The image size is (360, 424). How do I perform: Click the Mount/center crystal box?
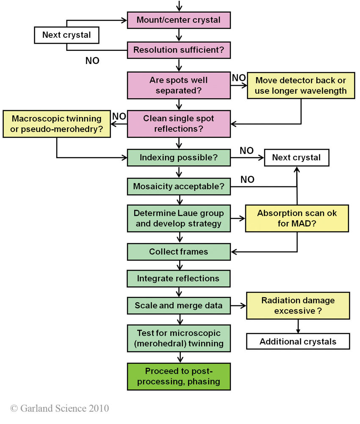tap(179, 20)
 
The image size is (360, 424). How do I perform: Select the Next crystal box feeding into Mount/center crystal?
tap(66, 35)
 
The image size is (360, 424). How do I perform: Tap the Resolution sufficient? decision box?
tap(179, 50)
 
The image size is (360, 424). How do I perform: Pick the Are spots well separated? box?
tap(179, 85)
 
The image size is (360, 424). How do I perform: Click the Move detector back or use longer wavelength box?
tap(300, 86)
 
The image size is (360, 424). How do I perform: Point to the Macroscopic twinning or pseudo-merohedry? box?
tap(57, 124)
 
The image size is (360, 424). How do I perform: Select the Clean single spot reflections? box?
tap(179, 124)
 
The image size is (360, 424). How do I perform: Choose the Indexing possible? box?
tap(179, 158)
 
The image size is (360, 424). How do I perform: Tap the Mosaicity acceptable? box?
tap(179, 186)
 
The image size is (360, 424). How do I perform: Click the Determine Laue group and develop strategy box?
tap(179, 218)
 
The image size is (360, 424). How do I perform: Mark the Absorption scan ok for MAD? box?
tap(297, 218)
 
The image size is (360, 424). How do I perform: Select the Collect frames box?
tap(179, 252)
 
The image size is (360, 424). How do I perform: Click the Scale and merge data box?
tap(179, 305)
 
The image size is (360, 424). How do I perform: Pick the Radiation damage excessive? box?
tap(298, 306)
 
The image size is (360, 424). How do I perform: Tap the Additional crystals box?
tap(298, 341)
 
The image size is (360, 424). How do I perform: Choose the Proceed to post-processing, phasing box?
tap(179, 376)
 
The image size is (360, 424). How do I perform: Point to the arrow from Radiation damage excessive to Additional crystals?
tap(298, 326)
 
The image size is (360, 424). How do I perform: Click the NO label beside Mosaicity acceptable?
tap(247, 180)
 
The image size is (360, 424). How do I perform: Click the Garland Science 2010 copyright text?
tap(60, 408)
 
